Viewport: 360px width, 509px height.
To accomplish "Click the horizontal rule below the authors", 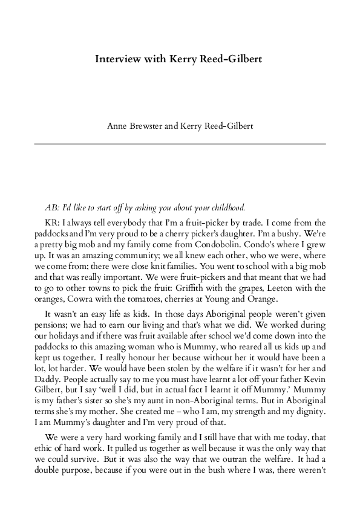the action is [x=180, y=144].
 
